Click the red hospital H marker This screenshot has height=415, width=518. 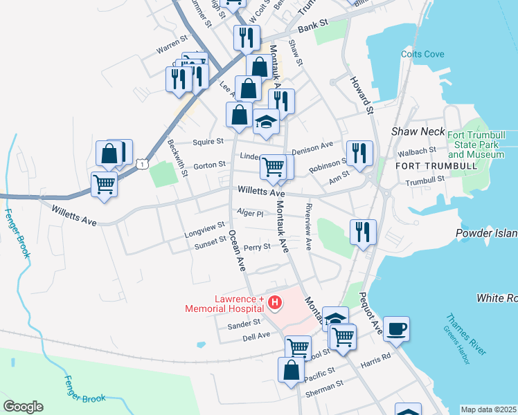[x=276, y=302]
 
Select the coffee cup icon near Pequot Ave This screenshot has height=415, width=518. [x=396, y=329]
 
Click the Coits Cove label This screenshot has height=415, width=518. [x=418, y=53]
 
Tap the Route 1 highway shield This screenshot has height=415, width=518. [x=141, y=163]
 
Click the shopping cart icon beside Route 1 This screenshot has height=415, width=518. [x=104, y=185]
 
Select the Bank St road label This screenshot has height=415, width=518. [x=312, y=29]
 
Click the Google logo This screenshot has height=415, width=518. [x=23, y=407]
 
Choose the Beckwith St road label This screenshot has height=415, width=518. [x=179, y=158]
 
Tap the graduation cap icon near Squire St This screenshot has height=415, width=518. [x=265, y=122]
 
